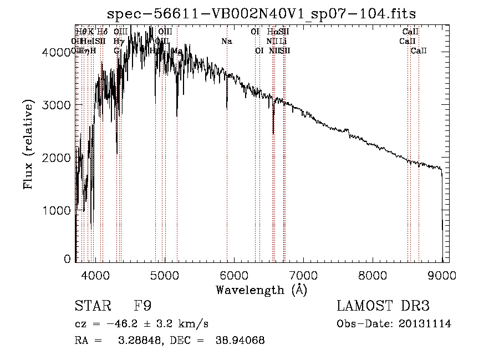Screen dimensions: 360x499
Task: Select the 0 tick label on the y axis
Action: [67, 259]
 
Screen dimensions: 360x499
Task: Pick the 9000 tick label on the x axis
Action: [442, 275]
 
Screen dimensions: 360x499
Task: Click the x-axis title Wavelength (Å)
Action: [261, 290]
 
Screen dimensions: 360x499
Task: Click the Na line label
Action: [226, 42]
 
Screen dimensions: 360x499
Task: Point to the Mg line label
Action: [177, 50]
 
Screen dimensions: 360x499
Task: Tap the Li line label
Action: [283, 42]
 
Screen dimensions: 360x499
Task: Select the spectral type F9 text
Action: [143, 306]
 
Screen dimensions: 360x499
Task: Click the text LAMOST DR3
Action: [383, 306]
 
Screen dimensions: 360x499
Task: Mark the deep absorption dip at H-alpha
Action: [273, 132]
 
